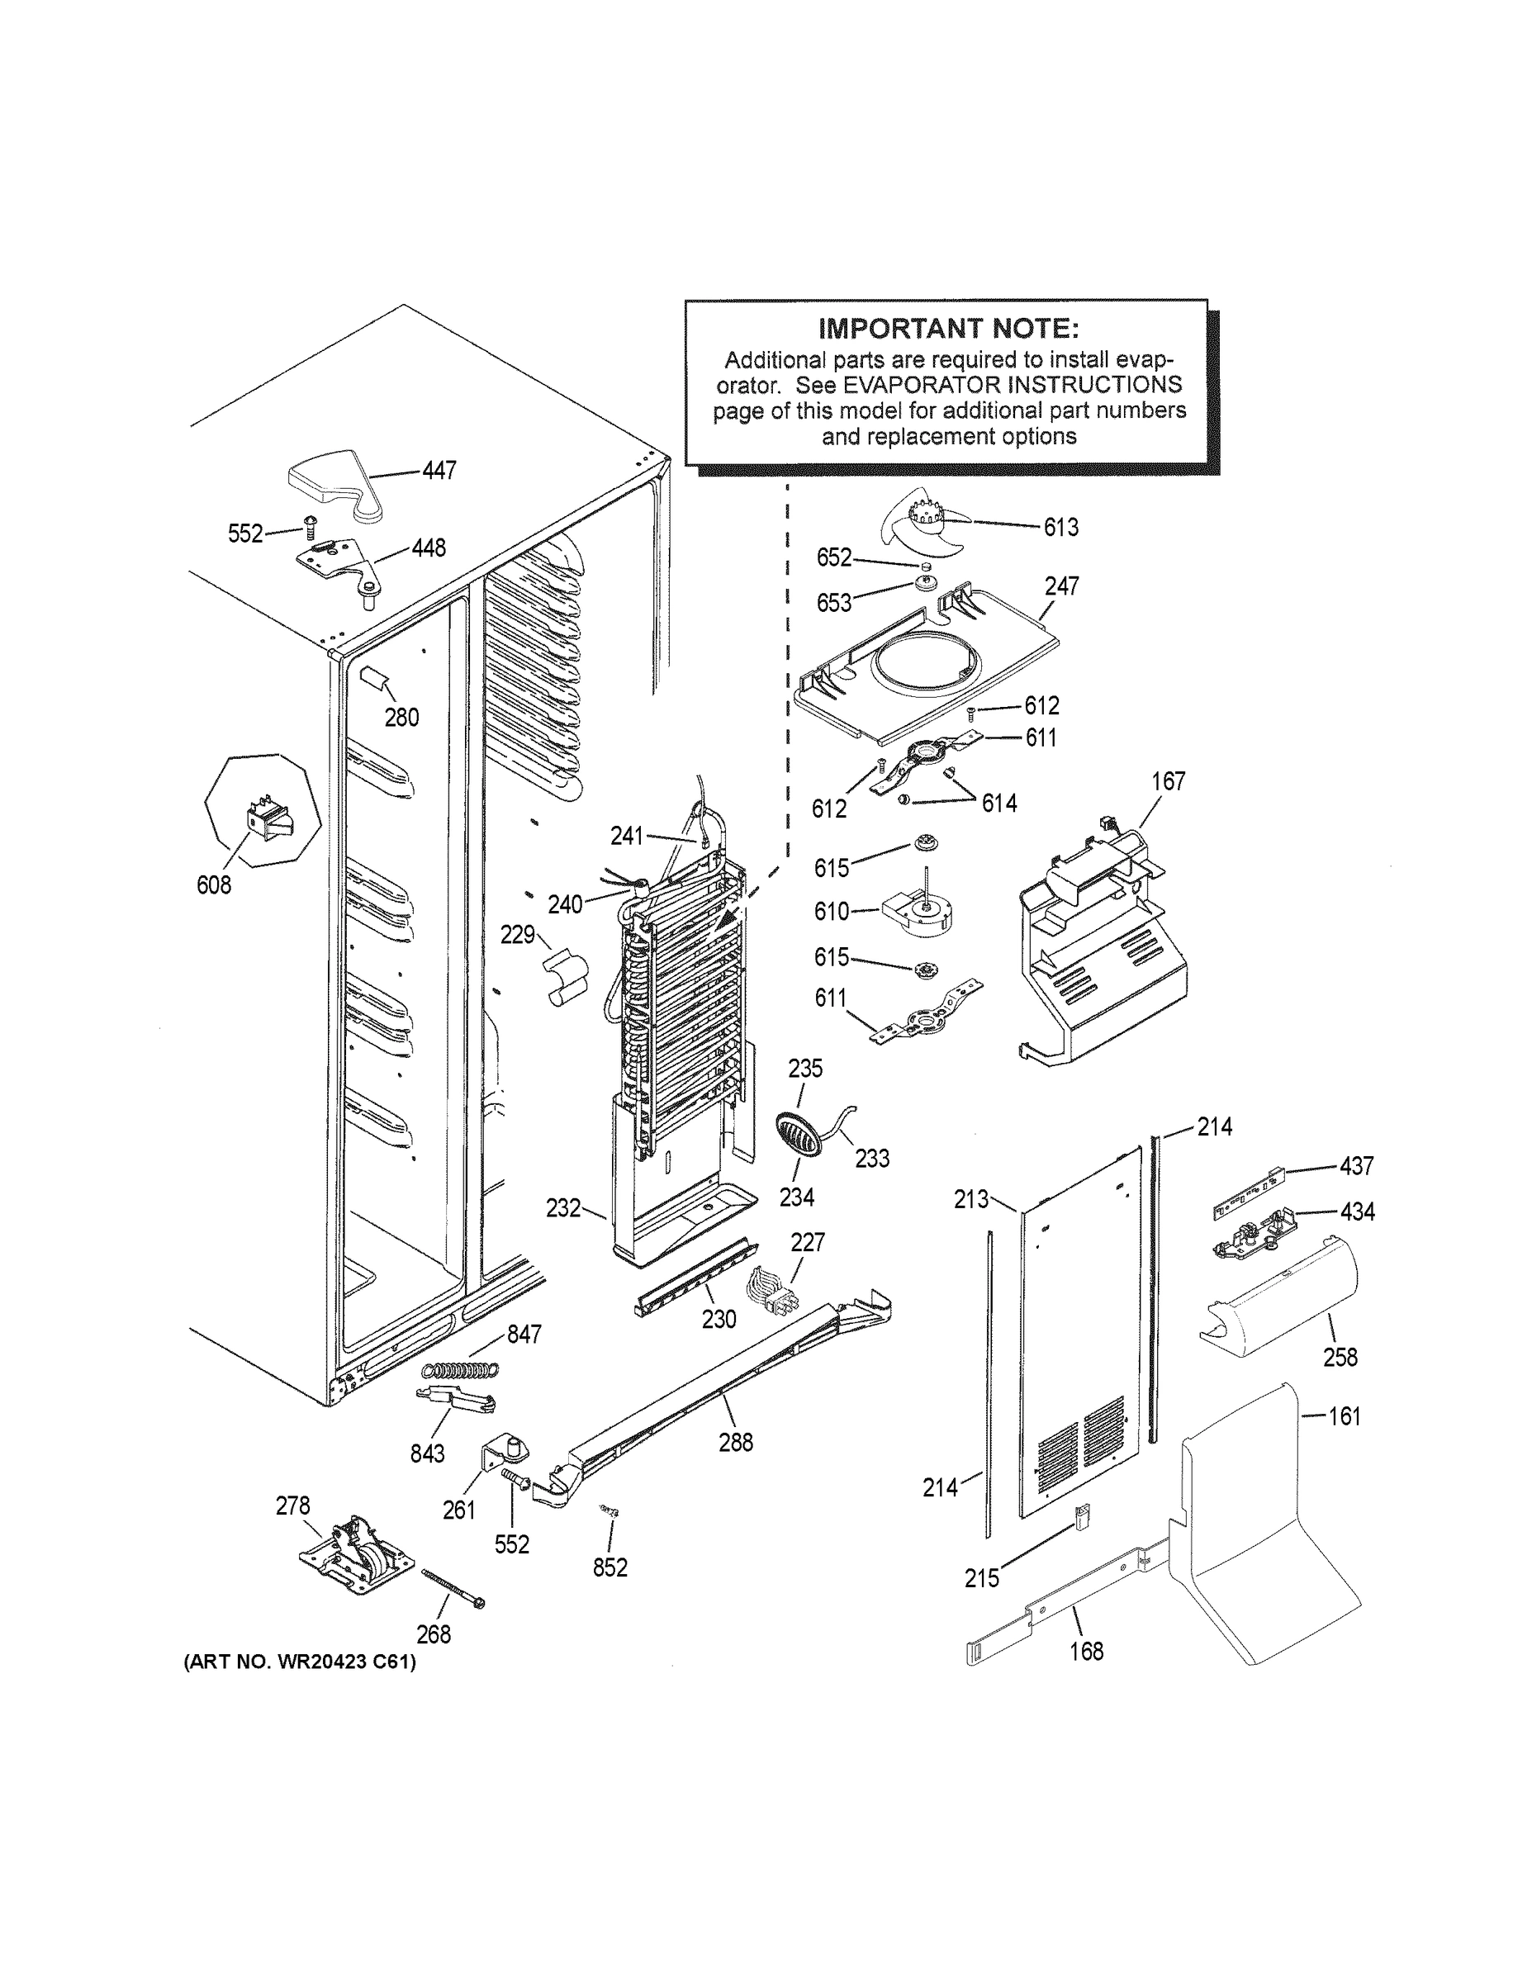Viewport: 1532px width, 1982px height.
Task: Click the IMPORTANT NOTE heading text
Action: [x=948, y=328]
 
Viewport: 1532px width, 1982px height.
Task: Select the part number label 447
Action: [x=439, y=470]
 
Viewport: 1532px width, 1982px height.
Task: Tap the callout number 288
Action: [x=735, y=1442]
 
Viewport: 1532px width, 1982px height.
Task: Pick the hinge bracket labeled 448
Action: [x=345, y=565]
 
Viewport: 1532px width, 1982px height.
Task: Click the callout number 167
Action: [x=1168, y=781]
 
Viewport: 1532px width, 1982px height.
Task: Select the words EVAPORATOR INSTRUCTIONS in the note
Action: [x=1012, y=385]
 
